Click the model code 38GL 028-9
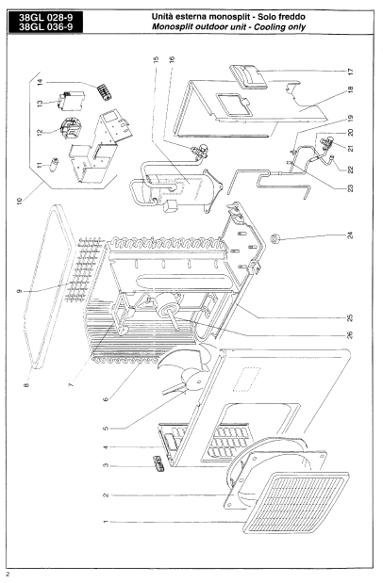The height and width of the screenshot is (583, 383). tap(45, 18)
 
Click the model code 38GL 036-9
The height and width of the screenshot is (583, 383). tap(45, 26)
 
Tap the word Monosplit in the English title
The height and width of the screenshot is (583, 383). tap(171, 27)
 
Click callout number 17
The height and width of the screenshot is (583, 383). tap(350, 71)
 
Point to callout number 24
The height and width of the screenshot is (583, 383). tap(350, 235)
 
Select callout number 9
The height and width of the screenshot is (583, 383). tap(20, 292)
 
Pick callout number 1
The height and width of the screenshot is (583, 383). tap(106, 522)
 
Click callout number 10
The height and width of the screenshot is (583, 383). tap(20, 201)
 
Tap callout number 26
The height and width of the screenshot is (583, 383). tap(350, 335)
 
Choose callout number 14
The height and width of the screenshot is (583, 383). tap(41, 82)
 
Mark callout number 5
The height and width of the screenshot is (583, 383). tap(106, 429)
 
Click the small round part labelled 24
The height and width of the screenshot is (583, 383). tap(275, 237)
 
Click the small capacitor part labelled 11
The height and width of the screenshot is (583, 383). tap(56, 163)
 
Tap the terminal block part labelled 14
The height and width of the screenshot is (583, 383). tap(105, 92)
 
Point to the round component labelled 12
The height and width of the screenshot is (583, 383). tap(69, 127)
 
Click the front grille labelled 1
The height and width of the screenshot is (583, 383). tap(296, 503)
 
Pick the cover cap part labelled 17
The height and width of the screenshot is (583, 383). tap(248, 77)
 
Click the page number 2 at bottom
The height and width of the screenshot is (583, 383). tap(8, 575)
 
